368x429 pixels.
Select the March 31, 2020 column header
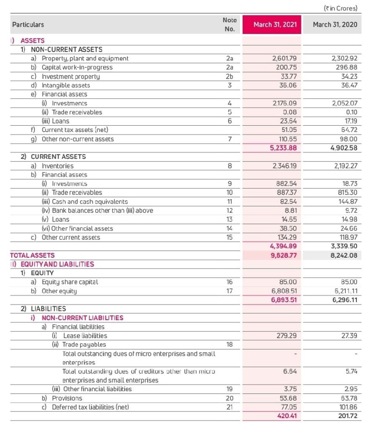335,25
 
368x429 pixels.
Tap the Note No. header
229,25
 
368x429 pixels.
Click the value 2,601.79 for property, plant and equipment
285,59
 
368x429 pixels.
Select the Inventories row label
57,166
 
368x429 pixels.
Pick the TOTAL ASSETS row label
33,255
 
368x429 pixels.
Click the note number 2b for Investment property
229,76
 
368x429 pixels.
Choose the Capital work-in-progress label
77,67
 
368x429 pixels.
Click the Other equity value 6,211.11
346,291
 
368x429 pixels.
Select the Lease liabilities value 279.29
287,336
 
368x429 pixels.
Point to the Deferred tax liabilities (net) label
91,407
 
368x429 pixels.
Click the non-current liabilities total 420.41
287,416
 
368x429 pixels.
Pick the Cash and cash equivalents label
90,202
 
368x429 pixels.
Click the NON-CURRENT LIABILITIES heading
83,318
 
